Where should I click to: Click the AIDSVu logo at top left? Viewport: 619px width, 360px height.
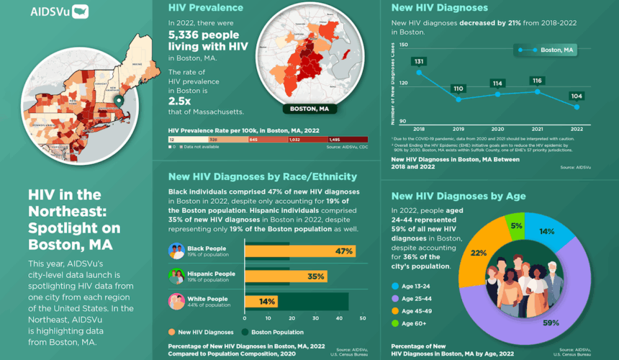(x=60, y=12)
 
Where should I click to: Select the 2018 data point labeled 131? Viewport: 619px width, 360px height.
(x=420, y=73)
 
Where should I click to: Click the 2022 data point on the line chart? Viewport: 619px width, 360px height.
(x=577, y=107)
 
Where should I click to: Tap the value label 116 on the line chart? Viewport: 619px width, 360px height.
(x=536, y=81)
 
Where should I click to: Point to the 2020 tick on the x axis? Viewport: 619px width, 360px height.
(x=497, y=128)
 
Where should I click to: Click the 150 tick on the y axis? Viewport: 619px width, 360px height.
(x=403, y=45)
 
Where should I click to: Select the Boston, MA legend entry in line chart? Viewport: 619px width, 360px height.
(x=546, y=50)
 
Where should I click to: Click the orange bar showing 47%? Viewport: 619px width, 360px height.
(x=299, y=251)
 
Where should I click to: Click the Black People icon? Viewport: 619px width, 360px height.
(x=176, y=251)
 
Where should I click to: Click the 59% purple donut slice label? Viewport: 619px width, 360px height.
(x=551, y=323)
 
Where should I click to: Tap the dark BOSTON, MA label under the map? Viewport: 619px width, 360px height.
(x=309, y=109)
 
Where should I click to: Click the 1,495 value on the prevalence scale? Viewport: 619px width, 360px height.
(x=334, y=139)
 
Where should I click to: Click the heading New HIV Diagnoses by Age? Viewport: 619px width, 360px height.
(x=458, y=196)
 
